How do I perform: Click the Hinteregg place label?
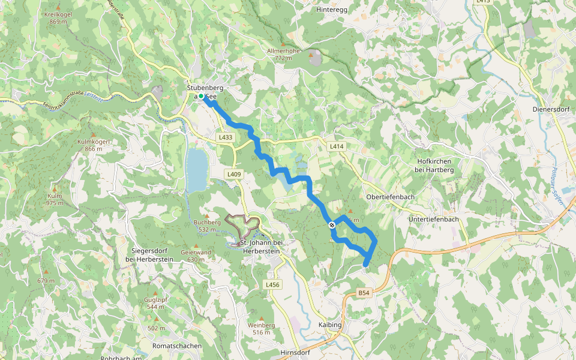333,10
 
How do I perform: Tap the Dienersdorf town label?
550,109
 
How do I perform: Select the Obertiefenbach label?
390,197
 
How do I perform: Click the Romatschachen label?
176,347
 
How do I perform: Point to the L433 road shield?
225,137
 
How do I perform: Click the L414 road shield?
336,146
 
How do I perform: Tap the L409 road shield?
234,174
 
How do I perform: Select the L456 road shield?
272,284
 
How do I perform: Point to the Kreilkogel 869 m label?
58,17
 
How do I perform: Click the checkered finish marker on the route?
332,224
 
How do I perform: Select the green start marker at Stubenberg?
202,97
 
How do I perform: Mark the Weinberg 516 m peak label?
261,328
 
